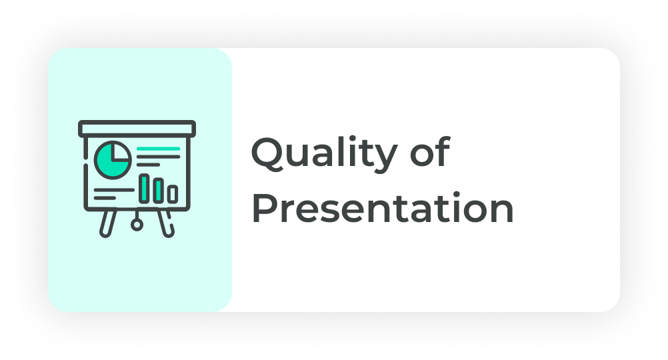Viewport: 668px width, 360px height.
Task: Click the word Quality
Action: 325,154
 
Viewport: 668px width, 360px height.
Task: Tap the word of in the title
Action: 430,151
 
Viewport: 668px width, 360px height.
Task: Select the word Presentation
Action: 383,207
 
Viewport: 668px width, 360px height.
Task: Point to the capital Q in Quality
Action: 268,153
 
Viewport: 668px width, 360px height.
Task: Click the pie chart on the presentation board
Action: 113,160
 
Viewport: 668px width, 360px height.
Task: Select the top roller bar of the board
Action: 137,129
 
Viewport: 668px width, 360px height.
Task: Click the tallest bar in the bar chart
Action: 145,188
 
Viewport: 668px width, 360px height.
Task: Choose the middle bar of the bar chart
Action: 159,191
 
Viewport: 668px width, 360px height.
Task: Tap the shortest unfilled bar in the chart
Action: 173,194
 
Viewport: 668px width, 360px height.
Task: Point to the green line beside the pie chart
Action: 159,149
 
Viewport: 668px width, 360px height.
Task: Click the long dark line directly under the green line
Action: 159,157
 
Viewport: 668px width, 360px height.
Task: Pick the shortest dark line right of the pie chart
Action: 148,165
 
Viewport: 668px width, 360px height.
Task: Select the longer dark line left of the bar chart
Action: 114,190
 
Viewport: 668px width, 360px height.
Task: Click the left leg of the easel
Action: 108,223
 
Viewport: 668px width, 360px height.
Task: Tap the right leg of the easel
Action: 165,223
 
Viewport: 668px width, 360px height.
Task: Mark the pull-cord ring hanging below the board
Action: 137,225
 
